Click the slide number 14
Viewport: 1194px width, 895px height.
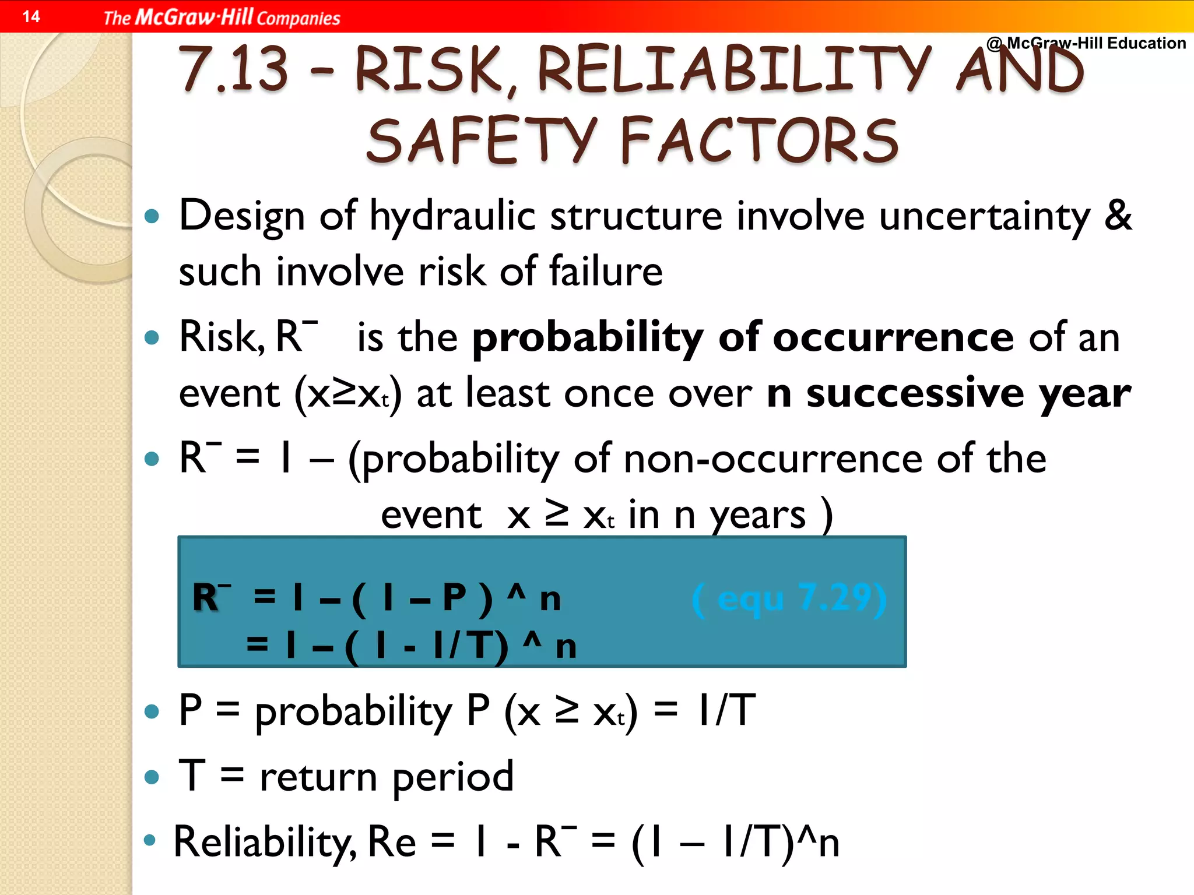tap(31, 16)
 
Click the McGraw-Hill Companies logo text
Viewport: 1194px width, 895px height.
tap(222, 17)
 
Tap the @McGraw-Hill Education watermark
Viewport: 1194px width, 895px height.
tap(1086, 43)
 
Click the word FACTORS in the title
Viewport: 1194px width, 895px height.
tap(758, 140)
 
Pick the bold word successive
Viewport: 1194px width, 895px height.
tap(915, 393)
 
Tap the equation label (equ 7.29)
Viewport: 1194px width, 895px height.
tap(789, 598)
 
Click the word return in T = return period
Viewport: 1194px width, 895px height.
tap(318, 777)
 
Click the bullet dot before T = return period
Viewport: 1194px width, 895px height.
tap(152, 776)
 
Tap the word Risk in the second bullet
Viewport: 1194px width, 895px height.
tap(218, 337)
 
